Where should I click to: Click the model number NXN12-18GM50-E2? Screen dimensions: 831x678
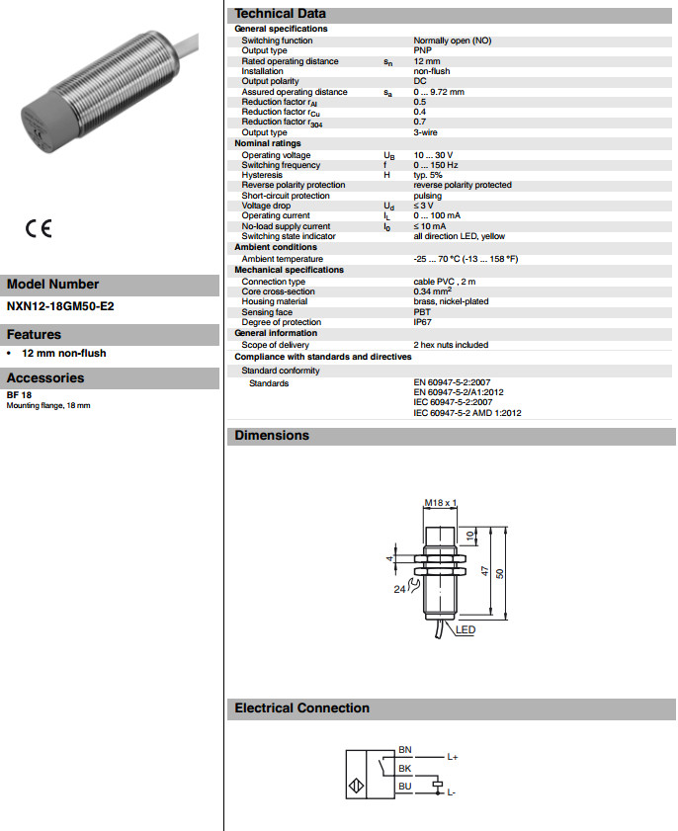(x=60, y=306)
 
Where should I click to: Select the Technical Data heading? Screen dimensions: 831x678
(x=280, y=14)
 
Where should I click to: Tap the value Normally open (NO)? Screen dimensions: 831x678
(x=453, y=41)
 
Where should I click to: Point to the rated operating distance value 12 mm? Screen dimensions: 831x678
(x=429, y=61)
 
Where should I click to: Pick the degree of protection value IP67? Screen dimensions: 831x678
(x=423, y=322)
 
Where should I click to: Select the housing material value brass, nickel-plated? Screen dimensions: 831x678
(x=451, y=301)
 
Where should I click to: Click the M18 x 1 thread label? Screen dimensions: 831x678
(x=440, y=503)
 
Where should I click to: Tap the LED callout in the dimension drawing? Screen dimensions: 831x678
(x=466, y=630)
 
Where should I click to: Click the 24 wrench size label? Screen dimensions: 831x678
(x=400, y=589)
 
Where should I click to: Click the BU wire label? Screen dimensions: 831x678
(x=405, y=787)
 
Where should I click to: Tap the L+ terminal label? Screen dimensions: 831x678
(x=452, y=757)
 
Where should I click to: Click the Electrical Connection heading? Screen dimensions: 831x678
(x=301, y=708)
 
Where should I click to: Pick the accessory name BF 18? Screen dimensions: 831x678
(x=19, y=395)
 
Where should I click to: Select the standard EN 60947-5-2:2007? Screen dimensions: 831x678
(x=460, y=381)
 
